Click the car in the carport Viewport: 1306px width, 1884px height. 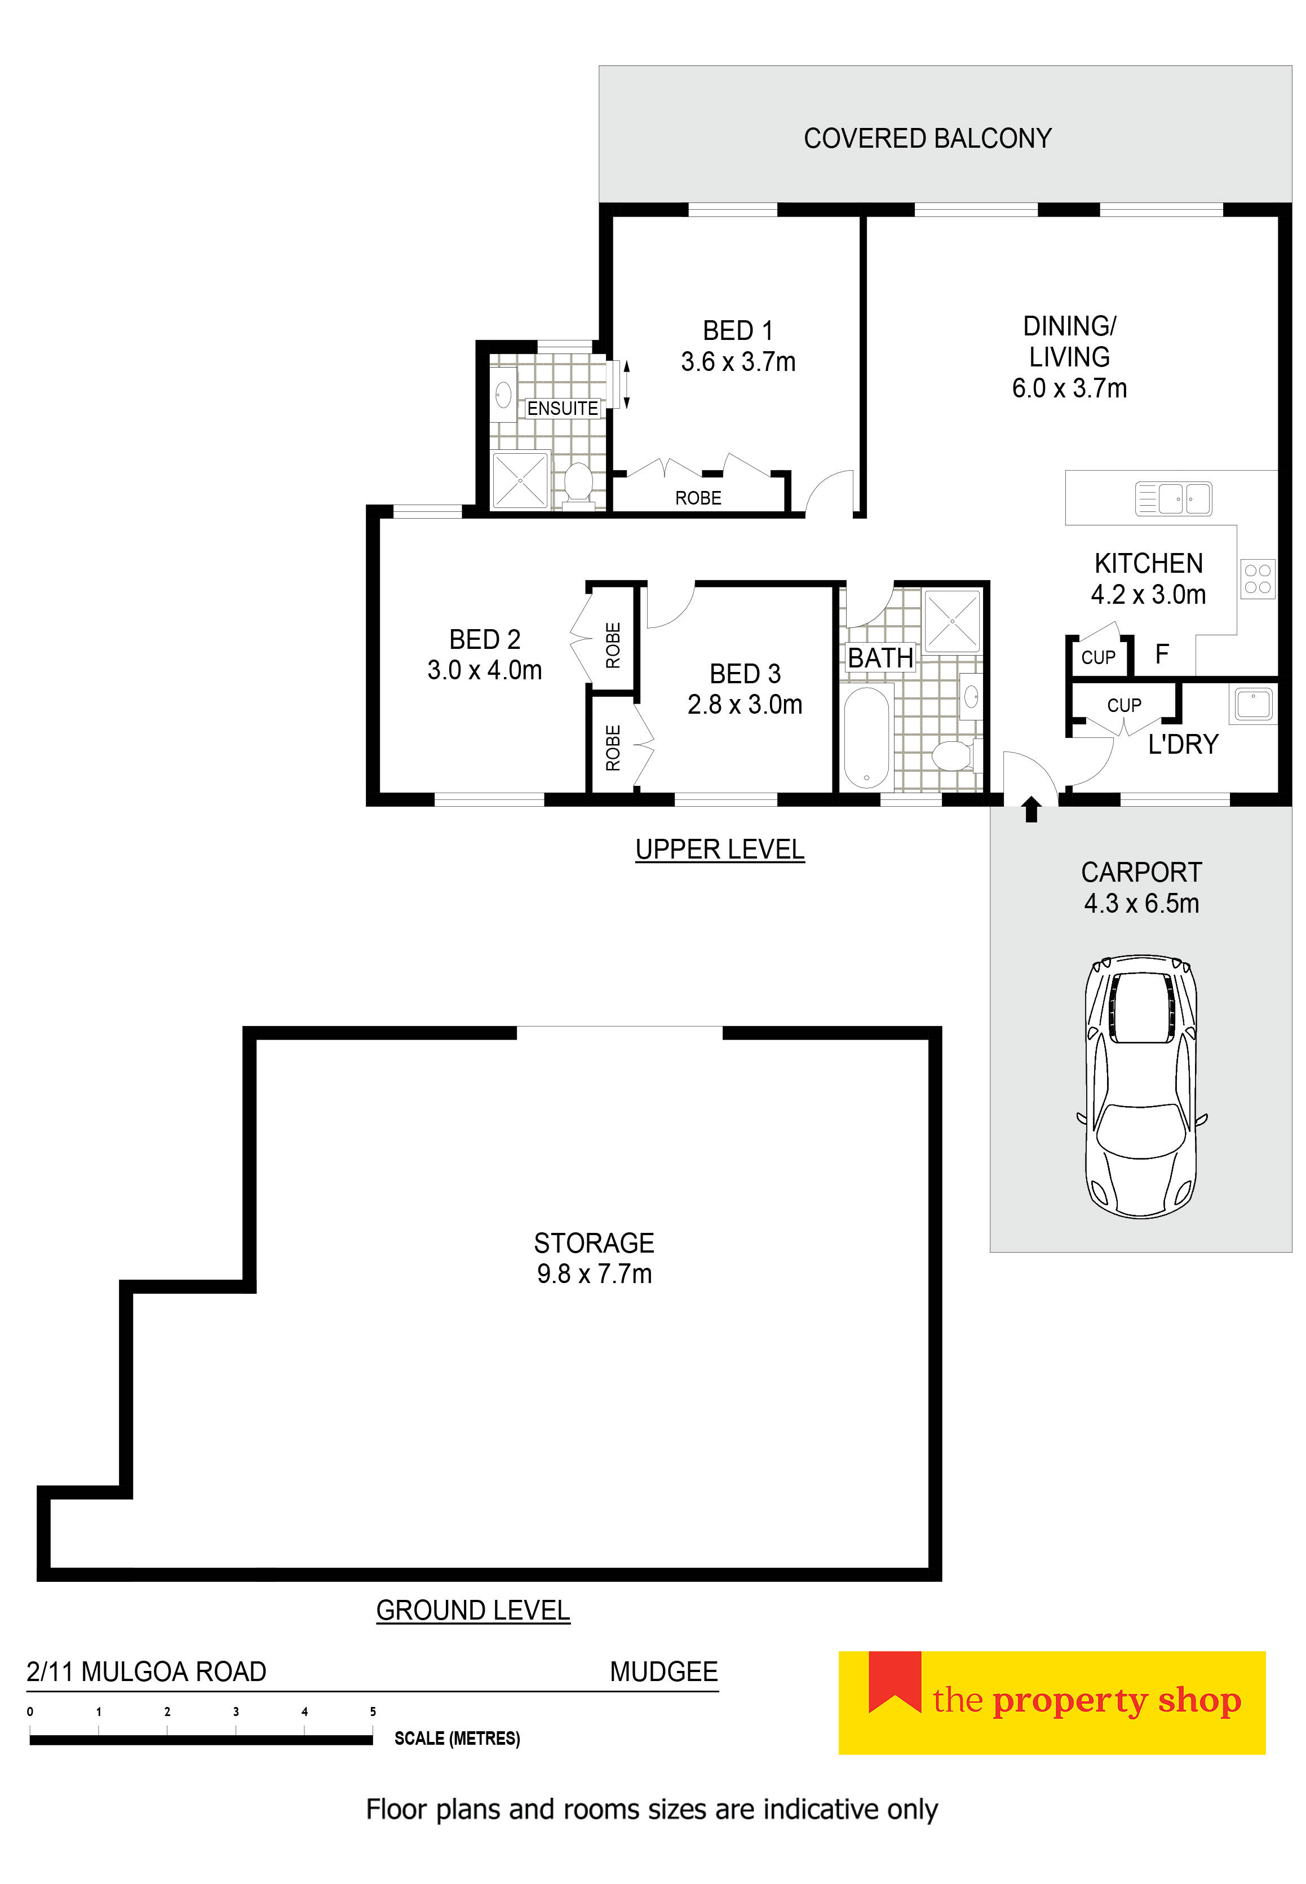click(1141, 1086)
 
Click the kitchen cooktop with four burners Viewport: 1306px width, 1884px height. click(1257, 578)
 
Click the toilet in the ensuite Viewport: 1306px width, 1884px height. click(578, 483)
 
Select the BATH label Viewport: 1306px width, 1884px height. click(880, 657)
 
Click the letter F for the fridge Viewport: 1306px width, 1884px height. click(1162, 654)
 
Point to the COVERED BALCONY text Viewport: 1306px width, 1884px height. click(927, 138)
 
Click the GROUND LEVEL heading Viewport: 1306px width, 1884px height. click(472, 1610)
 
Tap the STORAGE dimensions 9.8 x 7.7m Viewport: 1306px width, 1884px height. click(594, 1274)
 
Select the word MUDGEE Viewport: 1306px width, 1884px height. click(663, 1671)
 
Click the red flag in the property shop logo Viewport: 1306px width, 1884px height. click(895, 1681)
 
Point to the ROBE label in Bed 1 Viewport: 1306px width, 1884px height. click(698, 498)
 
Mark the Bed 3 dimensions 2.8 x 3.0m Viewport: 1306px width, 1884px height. click(745, 704)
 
